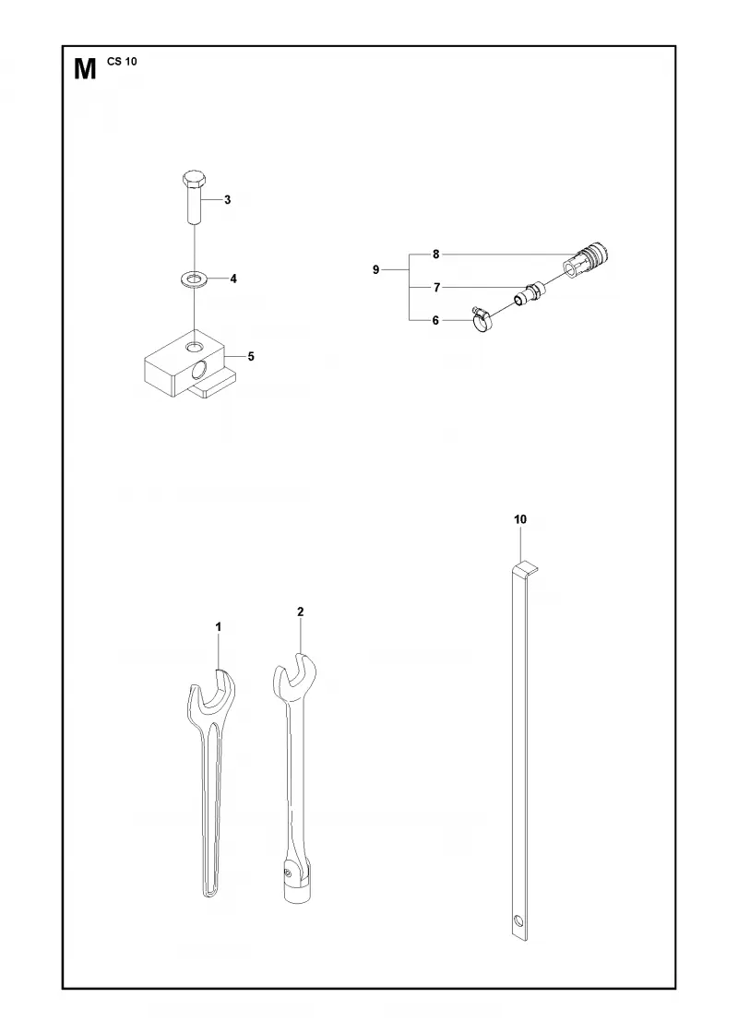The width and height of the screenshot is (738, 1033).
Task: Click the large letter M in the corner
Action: point(85,69)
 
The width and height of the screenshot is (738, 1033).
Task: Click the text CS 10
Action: point(122,62)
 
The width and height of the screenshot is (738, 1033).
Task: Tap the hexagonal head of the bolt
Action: point(195,178)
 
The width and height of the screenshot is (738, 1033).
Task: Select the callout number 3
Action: point(227,199)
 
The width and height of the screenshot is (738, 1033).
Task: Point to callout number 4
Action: point(233,279)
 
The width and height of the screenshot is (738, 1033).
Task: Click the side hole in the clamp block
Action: point(198,373)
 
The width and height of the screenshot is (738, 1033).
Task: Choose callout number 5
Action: point(251,356)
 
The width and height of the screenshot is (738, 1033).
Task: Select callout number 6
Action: point(435,321)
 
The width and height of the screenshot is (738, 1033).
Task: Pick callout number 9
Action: point(376,269)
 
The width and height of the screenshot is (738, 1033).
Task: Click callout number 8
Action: point(435,254)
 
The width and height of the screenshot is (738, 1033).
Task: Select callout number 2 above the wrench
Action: point(301,612)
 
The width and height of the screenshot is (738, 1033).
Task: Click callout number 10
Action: point(520,520)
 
